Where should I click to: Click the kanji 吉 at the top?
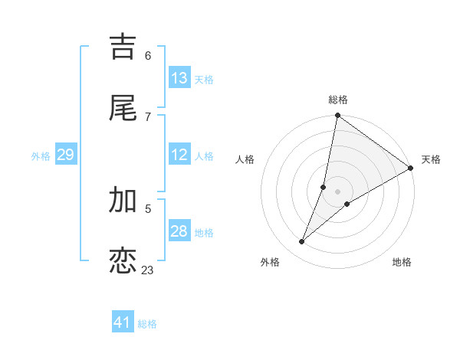[123, 47]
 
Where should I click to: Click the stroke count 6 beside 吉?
[148, 55]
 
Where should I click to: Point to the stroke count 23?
[148, 270]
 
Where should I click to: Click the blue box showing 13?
[179, 78]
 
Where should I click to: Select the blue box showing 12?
[179, 155]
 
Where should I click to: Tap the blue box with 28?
[179, 231]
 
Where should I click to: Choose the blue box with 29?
[65, 155]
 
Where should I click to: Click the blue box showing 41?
[123, 322]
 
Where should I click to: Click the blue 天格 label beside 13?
[204, 80]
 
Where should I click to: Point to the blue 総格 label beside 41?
[147, 324]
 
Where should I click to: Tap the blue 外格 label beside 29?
[41, 156]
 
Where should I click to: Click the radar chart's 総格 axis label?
[338, 100]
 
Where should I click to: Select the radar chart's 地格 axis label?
[402, 262]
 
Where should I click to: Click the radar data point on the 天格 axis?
[410, 169]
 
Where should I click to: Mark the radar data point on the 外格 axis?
[302, 242]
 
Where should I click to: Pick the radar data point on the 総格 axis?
[338, 116]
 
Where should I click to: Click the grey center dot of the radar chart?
[338, 191]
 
